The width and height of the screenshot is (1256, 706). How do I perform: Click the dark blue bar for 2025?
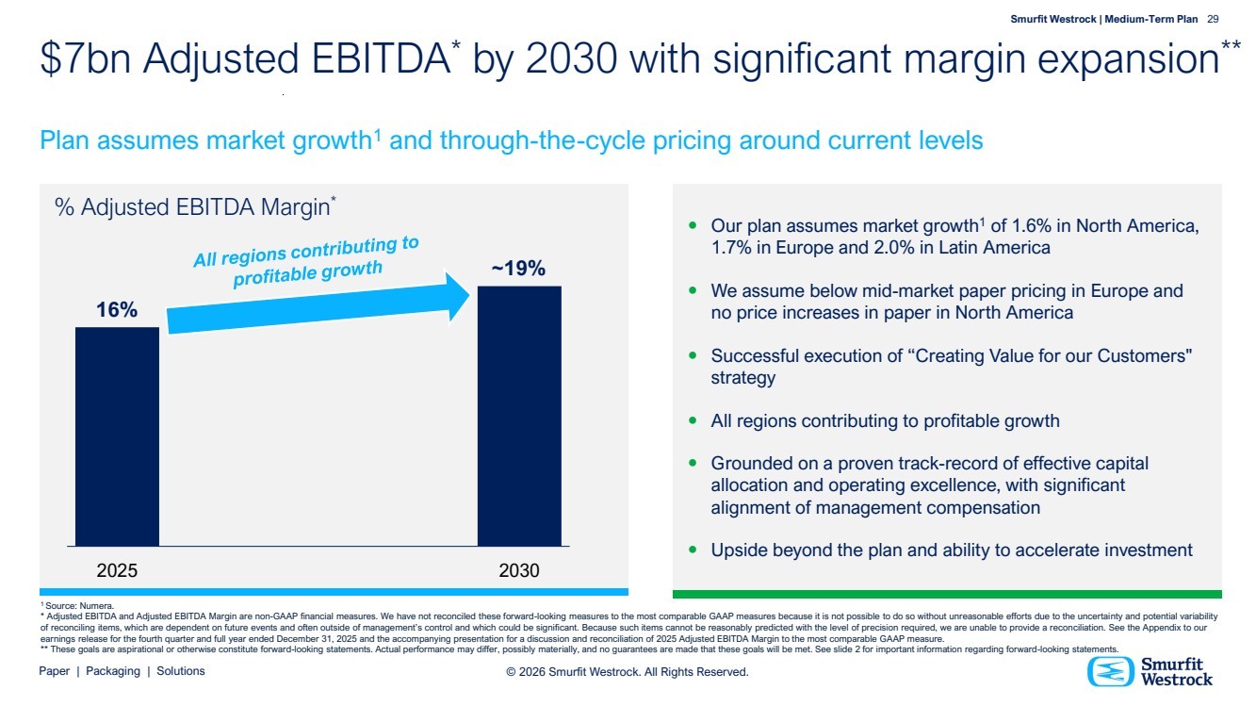coord(117,435)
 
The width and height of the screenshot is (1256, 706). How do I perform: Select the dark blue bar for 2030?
coord(519,415)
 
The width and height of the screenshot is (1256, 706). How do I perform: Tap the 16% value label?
coord(117,310)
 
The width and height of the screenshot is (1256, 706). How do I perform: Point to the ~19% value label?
coord(518,269)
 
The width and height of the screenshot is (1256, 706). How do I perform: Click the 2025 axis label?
coord(117,571)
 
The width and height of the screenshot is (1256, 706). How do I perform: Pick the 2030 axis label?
coord(519,571)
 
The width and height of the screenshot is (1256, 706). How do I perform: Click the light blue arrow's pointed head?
coord(459,298)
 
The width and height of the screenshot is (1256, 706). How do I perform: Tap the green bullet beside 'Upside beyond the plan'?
coord(693,549)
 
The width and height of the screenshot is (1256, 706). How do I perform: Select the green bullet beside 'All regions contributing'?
coord(693,420)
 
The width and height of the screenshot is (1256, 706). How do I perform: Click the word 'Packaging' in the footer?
coord(113,671)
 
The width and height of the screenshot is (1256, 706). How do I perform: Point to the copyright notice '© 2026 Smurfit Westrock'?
coord(627,672)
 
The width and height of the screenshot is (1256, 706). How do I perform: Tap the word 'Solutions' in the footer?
coord(181,671)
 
